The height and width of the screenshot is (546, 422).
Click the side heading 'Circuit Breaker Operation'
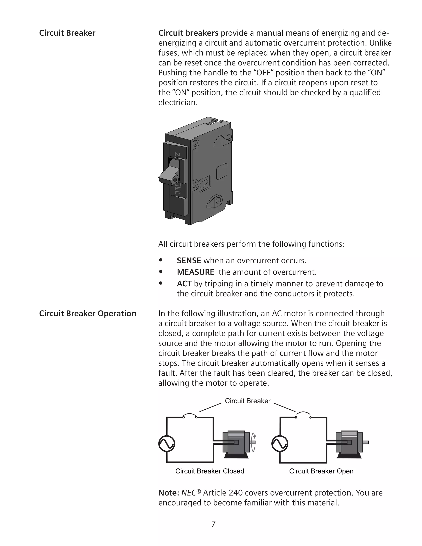pyautogui.click(x=88, y=314)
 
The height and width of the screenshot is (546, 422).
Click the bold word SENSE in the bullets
pyautogui.click(x=189, y=260)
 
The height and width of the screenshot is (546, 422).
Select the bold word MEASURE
pyautogui.click(x=195, y=272)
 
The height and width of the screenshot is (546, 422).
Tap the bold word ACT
pyautogui.click(x=184, y=284)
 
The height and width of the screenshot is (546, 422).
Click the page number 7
pyautogui.click(x=213, y=524)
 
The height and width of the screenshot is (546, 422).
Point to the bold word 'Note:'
pyautogui.click(x=169, y=493)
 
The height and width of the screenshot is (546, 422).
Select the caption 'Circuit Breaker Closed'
pyautogui.click(x=210, y=471)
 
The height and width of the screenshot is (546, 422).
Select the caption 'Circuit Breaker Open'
pyautogui.click(x=321, y=471)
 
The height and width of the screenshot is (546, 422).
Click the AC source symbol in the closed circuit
pyautogui.click(x=167, y=444)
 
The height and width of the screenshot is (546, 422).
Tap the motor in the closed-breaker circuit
pyautogui.click(x=236, y=444)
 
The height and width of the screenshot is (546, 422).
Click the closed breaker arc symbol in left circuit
pyautogui.click(x=190, y=415)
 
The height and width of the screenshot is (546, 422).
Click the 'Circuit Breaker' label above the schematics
pyautogui.click(x=247, y=401)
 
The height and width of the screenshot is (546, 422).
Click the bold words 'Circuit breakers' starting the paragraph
pyautogui.click(x=188, y=33)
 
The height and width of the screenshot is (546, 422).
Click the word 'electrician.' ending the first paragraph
pyautogui.click(x=178, y=102)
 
